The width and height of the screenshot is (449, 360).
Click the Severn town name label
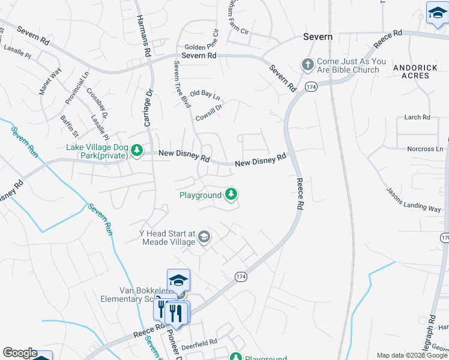pos(318,37)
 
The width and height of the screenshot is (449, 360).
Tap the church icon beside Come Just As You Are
pos(307,64)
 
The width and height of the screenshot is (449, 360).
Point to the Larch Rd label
pos(418,117)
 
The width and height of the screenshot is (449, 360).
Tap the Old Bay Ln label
pos(205,95)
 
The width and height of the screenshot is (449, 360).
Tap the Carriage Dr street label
pos(149,108)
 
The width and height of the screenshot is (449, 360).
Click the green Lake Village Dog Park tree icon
pos(136,151)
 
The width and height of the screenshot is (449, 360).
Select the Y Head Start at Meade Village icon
pos(204,237)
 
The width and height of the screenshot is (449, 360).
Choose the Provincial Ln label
pos(77,88)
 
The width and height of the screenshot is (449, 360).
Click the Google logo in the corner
pos(20,353)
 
